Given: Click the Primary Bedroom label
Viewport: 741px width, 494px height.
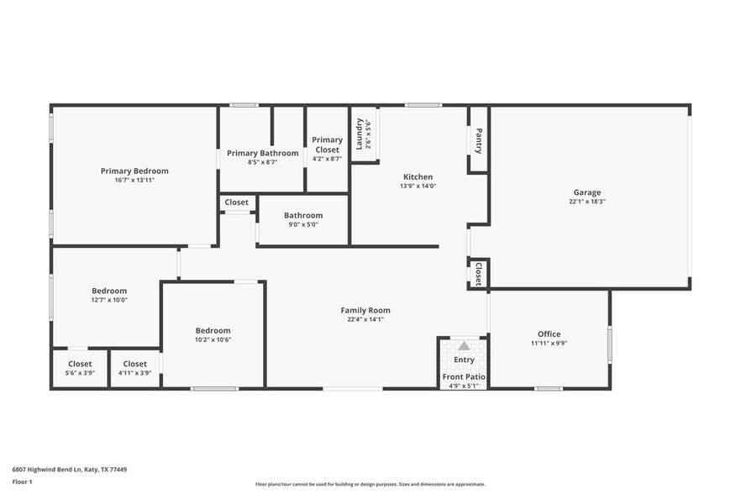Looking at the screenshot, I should pos(134,171).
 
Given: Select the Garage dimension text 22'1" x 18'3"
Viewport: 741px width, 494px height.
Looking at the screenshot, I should pos(587,202).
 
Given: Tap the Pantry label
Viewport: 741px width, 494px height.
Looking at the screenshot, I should pos(478,140).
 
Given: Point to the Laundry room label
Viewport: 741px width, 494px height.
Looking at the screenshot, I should pos(360,134).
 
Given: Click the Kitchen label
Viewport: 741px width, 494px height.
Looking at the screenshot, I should pos(418,177).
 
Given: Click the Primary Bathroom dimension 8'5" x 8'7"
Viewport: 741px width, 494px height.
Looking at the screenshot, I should pos(262,161).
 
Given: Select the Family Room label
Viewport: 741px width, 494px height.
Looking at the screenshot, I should pos(365,310).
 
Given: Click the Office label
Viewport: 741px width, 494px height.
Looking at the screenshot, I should pos(549,334).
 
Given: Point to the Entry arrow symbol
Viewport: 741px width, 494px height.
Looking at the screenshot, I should pos(464,346).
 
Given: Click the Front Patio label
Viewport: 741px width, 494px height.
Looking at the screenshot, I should pos(464,377).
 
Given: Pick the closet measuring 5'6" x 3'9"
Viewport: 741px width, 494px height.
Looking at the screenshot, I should pos(80,368).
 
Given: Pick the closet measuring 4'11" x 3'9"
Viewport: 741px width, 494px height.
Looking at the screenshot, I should pos(134,368).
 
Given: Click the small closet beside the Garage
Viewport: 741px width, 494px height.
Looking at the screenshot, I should pos(478,274).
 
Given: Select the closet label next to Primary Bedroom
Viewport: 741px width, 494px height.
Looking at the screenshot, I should pos(236,202).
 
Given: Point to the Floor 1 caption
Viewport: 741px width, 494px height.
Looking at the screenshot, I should pos(22,481).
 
